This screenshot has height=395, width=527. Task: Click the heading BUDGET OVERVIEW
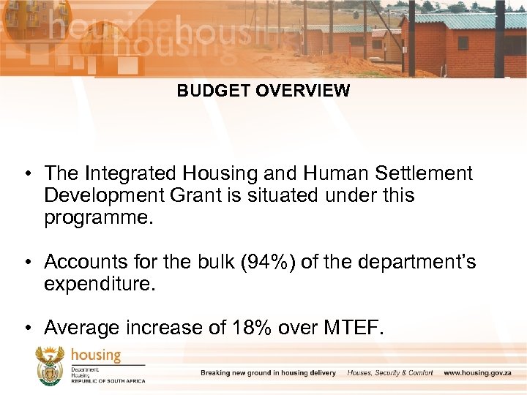coord(263,91)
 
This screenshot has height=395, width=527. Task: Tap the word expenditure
coord(100,284)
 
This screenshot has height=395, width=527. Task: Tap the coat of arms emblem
coord(51,365)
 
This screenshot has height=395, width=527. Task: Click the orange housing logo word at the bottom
coord(96,355)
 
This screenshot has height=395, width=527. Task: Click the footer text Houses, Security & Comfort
coord(390,373)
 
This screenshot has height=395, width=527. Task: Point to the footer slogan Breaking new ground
coord(268,373)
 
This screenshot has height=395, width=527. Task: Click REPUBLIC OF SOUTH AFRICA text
coord(108,381)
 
